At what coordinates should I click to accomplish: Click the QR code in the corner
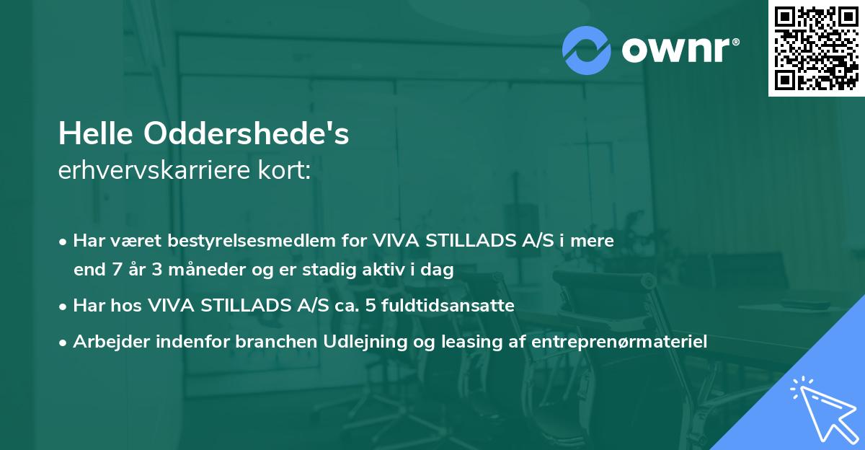point(817,48)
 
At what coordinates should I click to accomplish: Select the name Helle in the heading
point(97,133)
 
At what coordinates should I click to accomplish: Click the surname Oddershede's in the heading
point(247,133)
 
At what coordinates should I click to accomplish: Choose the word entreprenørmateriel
point(619,341)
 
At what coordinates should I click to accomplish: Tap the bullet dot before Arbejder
point(63,342)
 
